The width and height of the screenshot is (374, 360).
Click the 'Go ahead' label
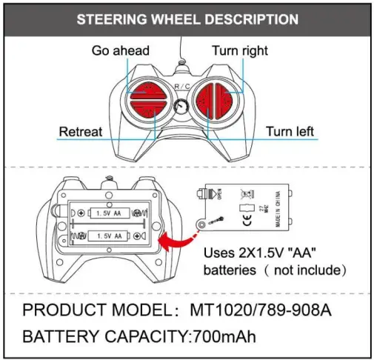(120, 50)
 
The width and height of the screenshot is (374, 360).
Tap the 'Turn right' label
(240, 50)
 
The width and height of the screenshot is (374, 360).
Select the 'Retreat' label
(80, 132)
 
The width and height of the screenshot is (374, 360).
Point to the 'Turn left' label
(290, 132)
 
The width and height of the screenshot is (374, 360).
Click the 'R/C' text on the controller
(182, 87)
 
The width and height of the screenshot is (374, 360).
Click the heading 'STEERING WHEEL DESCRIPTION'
(187, 19)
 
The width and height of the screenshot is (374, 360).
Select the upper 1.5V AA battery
(111, 213)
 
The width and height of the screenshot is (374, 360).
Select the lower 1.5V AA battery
(111, 236)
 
